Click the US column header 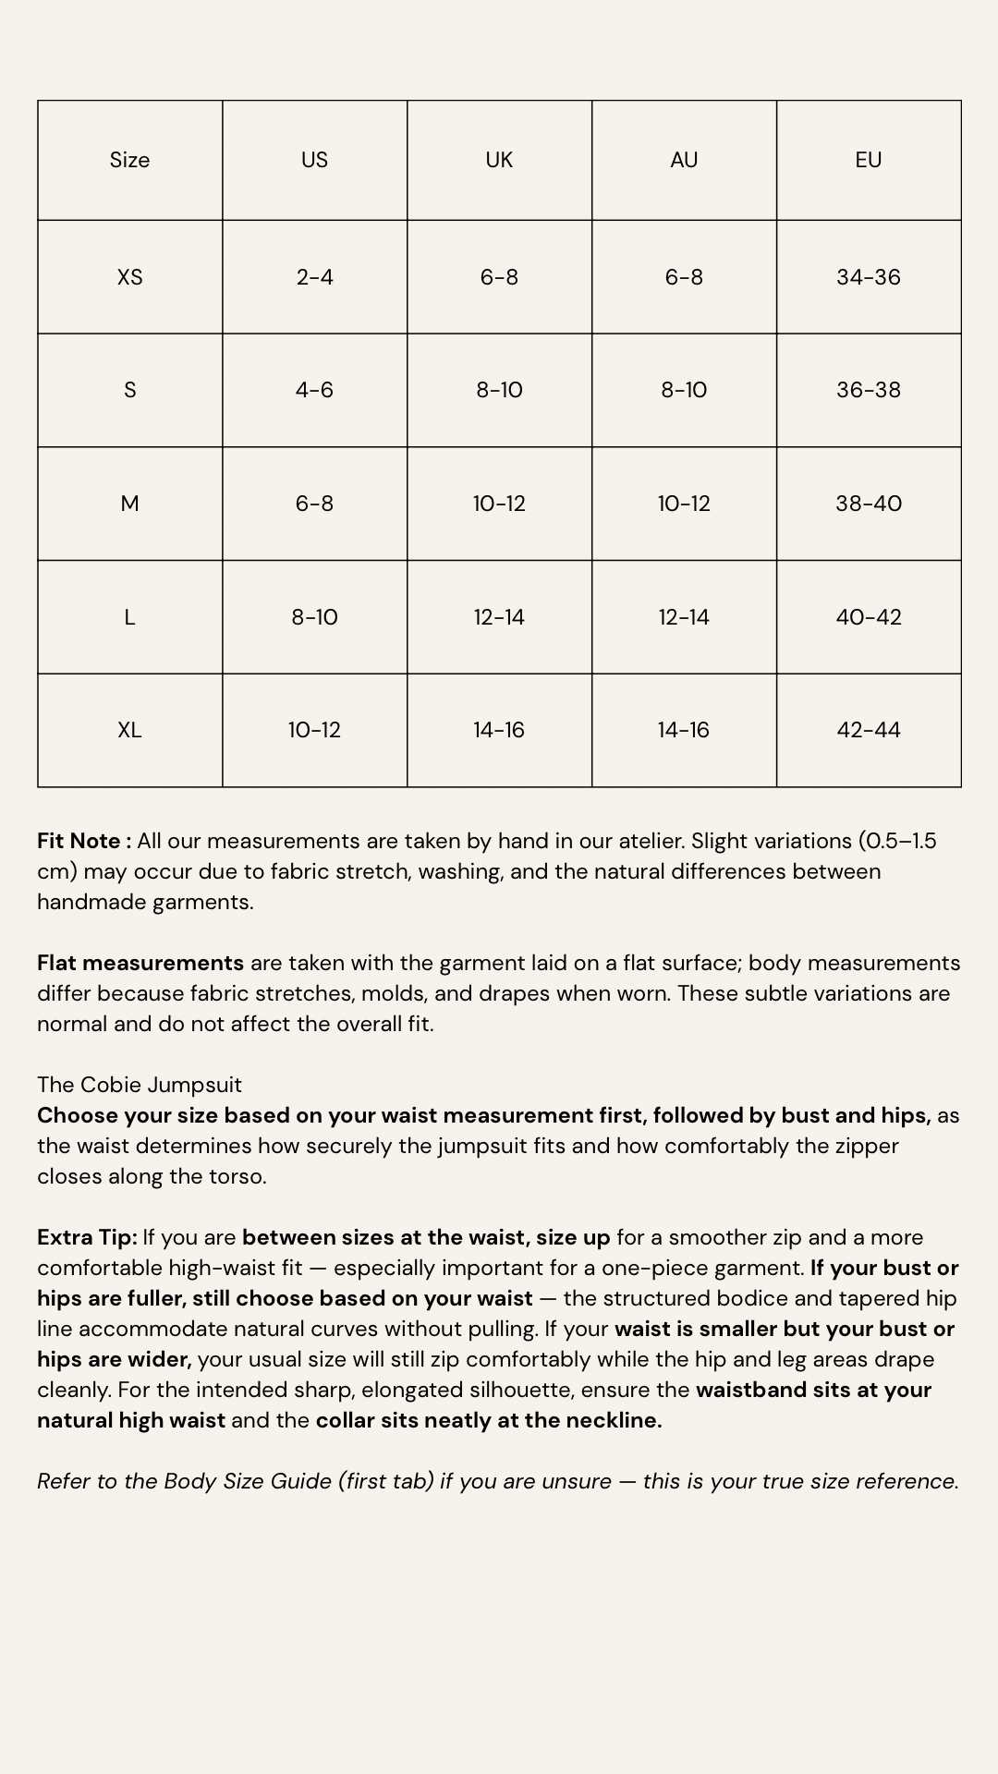click(314, 160)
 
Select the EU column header click(868, 160)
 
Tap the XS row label click(129, 277)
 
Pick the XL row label click(129, 730)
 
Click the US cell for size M click(314, 504)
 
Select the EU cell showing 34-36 click(868, 277)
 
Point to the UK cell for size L click(499, 617)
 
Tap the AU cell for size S click(684, 390)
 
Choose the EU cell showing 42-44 click(868, 730)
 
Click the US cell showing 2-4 click(314, 277)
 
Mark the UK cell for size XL click(499, 730)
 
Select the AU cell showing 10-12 click(684, 504)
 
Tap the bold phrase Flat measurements click(140, 963)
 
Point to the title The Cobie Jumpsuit click(140, 1085)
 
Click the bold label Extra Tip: click(87, 1237)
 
